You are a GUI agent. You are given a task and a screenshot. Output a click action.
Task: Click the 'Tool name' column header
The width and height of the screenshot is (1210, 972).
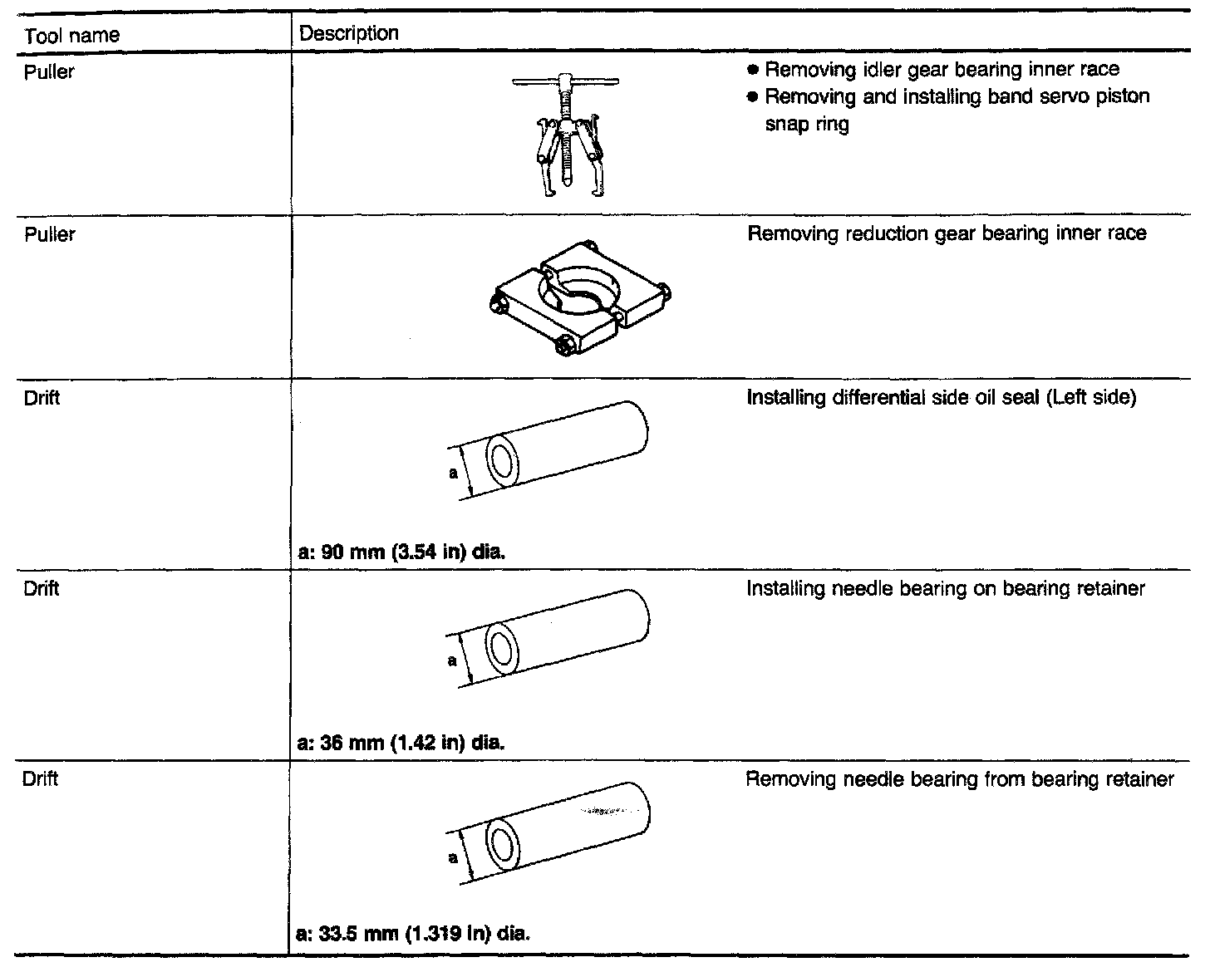(72, 36)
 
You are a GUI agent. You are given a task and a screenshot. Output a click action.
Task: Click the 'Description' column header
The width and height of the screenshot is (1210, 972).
(348, 33)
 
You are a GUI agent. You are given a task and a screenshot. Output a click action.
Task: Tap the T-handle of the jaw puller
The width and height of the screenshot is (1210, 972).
(564, 81)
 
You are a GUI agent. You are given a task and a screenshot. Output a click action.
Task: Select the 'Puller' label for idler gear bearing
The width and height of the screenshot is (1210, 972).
(50, 72)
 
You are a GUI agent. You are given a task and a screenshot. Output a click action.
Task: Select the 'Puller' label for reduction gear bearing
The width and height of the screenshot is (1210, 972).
(50, 235)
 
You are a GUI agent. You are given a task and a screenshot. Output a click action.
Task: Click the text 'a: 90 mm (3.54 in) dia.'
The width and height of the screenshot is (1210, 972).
(401, 551)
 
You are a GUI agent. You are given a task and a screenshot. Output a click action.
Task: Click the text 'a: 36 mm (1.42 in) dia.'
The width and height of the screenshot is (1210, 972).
(401, 741)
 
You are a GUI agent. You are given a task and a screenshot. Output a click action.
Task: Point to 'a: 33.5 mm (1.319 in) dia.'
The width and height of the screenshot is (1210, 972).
(413, 932)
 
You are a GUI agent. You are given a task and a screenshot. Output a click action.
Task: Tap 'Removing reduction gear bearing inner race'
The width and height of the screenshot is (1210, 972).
(947, 233)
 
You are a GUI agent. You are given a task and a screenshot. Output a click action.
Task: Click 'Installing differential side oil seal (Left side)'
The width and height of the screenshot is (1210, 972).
(941, 398)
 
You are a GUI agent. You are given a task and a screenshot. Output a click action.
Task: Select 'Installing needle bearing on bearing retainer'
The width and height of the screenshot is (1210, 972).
(945, 589)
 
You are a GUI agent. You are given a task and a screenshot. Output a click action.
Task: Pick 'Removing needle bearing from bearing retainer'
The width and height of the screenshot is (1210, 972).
(959, 779)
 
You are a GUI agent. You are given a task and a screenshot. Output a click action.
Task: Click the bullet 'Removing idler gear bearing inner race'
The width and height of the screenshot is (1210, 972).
(941, 70)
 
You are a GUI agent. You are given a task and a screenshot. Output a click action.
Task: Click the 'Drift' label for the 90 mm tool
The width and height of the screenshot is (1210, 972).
(42, 398)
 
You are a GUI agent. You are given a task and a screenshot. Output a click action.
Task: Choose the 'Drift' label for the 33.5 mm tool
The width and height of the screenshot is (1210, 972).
(41, 779)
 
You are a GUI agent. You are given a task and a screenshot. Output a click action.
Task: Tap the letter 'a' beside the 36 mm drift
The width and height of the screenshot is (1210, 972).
(453, 661)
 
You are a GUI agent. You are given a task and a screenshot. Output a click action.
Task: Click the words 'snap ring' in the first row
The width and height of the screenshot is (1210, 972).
(806, 125)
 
